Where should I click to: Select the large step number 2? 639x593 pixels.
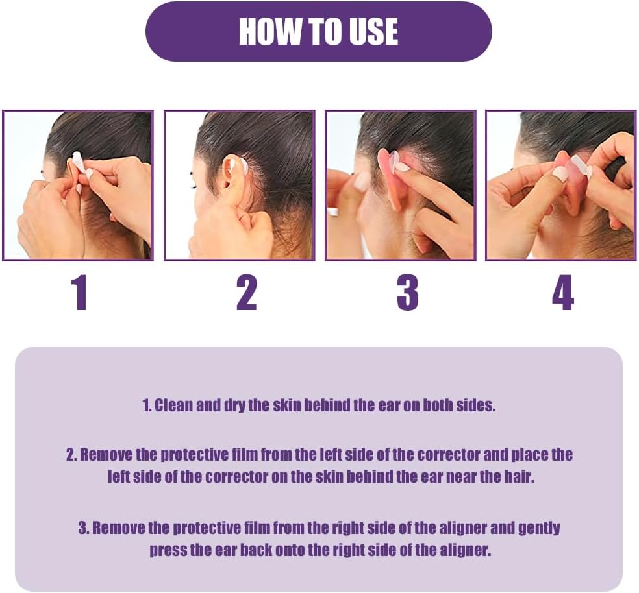pos(247,293)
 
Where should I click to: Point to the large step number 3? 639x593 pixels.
pos(408,293)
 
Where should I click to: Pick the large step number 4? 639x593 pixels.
pos(563,293)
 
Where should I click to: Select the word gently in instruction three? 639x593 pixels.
pos(539,529)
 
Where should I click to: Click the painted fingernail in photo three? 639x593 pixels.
pos(403,167)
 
